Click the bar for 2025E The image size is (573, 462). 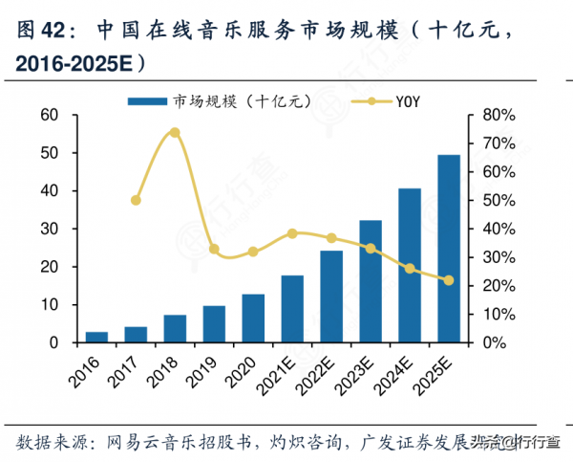[x=448, y=249]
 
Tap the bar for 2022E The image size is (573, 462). [x=331, y=297]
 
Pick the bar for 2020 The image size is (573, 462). [x=253, y=319]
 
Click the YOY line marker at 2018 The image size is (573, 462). [x=175, y=132]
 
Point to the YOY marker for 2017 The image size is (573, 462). [x=136, y=201]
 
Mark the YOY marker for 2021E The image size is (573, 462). [x=292, y=233]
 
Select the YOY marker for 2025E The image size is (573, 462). [x=448, y=280]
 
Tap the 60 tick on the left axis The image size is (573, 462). [x=49, y=115]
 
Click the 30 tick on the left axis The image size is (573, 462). [x=49, y=229]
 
